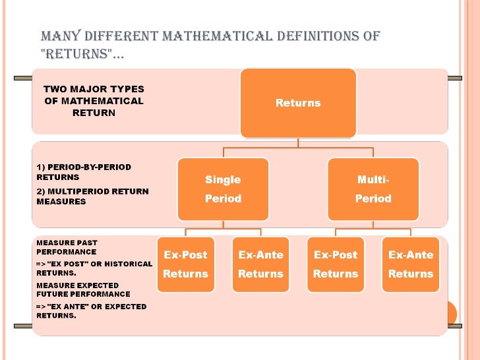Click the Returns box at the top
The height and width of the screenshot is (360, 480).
[x=298, y=103]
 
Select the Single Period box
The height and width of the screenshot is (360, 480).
[x=223, y=189]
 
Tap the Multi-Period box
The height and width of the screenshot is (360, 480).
[x=373, y=189]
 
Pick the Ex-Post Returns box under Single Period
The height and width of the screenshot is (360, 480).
[x=185, y=264]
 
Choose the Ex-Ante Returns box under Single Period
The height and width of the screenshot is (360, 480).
[x=260, y=264]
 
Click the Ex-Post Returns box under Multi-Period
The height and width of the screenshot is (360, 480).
[x=336, y=264]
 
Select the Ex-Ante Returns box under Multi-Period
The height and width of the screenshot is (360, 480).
[x=411, y=264]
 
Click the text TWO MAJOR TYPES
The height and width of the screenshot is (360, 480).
[x=94, y=89]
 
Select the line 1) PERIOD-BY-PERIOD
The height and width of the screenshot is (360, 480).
[x=83, y=167]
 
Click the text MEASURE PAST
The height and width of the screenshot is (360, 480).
[x=67, y=243]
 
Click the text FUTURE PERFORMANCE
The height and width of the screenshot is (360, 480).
[x=83, y=294]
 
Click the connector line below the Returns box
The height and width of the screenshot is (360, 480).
[x=298, y=142]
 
